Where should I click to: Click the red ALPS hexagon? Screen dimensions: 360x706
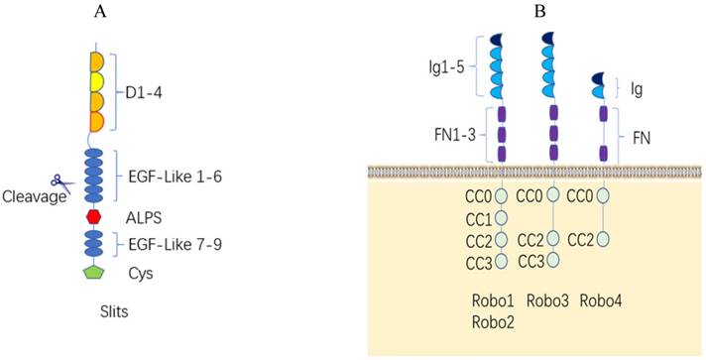click(x=96, y=215)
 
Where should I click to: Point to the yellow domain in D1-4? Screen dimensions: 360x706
click(x=97, y=81)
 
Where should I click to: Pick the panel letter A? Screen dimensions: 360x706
click(x=100, y=12)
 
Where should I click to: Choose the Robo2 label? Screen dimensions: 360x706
click(x=492, y=320)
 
